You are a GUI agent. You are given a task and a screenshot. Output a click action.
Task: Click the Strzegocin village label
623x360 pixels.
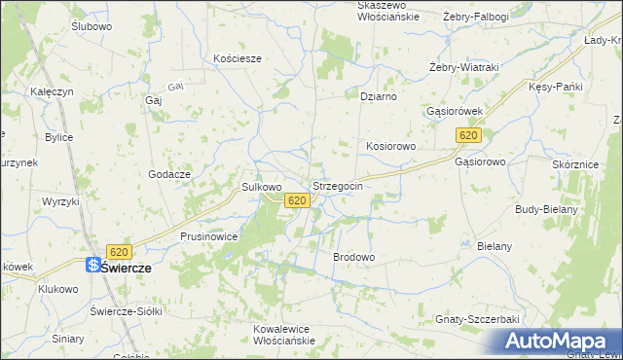coord(338,185)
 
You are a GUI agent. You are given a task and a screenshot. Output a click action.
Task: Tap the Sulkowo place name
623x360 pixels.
coord(261,186)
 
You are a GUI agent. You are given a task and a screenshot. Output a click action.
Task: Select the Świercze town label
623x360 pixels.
coord(126,266)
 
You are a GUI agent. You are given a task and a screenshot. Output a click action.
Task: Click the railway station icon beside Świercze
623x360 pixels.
coord(92,265)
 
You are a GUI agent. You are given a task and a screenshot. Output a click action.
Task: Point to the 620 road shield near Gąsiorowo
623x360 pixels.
coord(469,135)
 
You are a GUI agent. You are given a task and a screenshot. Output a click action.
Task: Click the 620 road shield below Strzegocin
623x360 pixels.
coord(298,200)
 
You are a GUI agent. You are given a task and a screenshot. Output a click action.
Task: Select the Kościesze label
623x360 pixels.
coord(238,58)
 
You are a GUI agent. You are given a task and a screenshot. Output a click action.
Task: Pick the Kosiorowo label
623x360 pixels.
coord(390,146)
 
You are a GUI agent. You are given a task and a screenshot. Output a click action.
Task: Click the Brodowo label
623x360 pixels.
coord(354,257)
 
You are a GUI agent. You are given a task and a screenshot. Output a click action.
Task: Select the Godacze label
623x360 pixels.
coord(168,173)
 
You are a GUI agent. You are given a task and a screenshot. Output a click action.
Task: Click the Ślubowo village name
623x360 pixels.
coord(92,26)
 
